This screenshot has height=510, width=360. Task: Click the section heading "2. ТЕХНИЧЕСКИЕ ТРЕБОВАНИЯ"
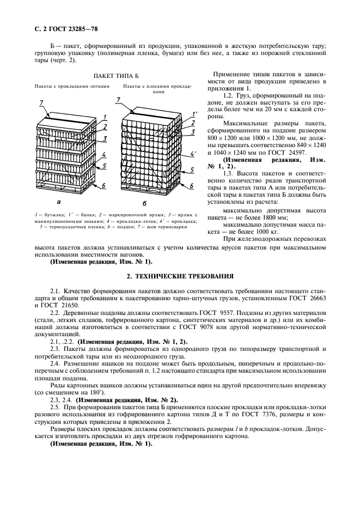pyautogui.click(x=180, y=276)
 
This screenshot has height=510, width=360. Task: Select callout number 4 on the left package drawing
pyautogui.click(x=103, y=155)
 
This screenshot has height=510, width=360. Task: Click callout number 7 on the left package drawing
pyautogui.click(x=40, y=102)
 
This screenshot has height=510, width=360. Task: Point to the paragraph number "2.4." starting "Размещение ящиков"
pyautogui.click(x=56, y=362)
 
